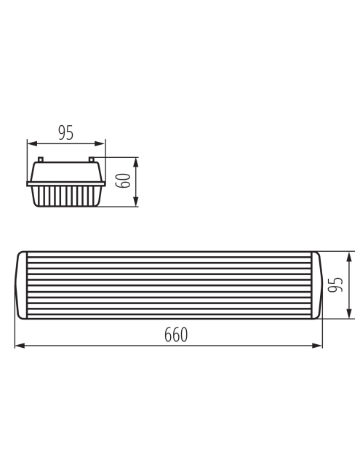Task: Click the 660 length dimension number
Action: tap(176, 335)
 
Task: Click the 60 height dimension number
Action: tap(123, 180)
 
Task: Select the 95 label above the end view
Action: tap(66, 132)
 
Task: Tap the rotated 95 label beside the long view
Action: tap(335, 285)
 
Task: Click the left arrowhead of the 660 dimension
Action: tap(20, 346)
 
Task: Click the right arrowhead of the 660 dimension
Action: tap(317, 346)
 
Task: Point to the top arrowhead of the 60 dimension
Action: tap(136, 162)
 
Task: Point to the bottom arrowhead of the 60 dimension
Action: tap(136, 202)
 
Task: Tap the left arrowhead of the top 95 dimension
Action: tap(32, 143)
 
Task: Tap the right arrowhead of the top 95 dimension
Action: tap(100, 143)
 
